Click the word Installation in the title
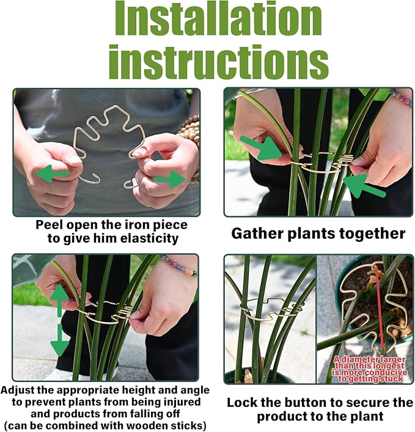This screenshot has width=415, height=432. click(x=218, y=20)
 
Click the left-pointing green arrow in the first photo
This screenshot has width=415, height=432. click(x=53, y=175)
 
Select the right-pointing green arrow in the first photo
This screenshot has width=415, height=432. click(x=169, y=179)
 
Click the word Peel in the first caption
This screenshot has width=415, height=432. click(x=49, y=225)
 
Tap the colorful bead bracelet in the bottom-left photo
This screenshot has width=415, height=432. click(x=178, y=266)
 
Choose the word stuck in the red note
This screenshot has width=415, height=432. click(x=391, y=379)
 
